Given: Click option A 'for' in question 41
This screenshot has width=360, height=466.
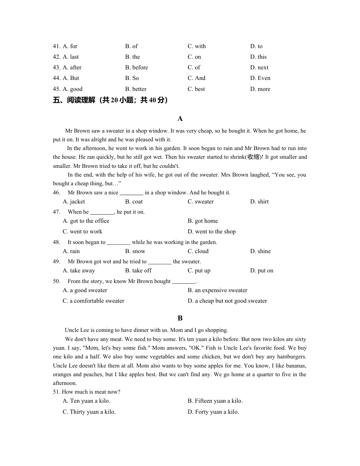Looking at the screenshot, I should (70, 46).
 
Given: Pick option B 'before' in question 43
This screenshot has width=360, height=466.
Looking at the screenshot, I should (136, 67).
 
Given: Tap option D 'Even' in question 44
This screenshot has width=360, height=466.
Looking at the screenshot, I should (260, 78).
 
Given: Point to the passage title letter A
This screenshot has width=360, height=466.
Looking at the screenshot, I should (180, 119).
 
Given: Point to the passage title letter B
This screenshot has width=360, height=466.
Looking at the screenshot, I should (180, 318).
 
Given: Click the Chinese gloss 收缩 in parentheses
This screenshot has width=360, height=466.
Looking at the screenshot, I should (253, 157).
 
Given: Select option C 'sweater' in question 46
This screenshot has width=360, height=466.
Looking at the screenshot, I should (200, 202).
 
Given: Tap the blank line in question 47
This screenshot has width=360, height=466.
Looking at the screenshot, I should (102, 212).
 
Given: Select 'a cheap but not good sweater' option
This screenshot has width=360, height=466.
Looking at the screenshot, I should (227, 301).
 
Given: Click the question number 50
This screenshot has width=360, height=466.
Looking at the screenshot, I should (57, 281).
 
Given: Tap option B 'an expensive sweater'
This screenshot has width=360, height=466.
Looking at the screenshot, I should (218, 290).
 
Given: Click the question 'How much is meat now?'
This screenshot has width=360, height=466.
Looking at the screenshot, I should (91, 392).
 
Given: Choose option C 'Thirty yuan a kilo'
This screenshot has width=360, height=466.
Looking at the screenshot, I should (89, 412).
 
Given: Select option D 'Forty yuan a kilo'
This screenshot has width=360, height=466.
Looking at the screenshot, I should (213, 412).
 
